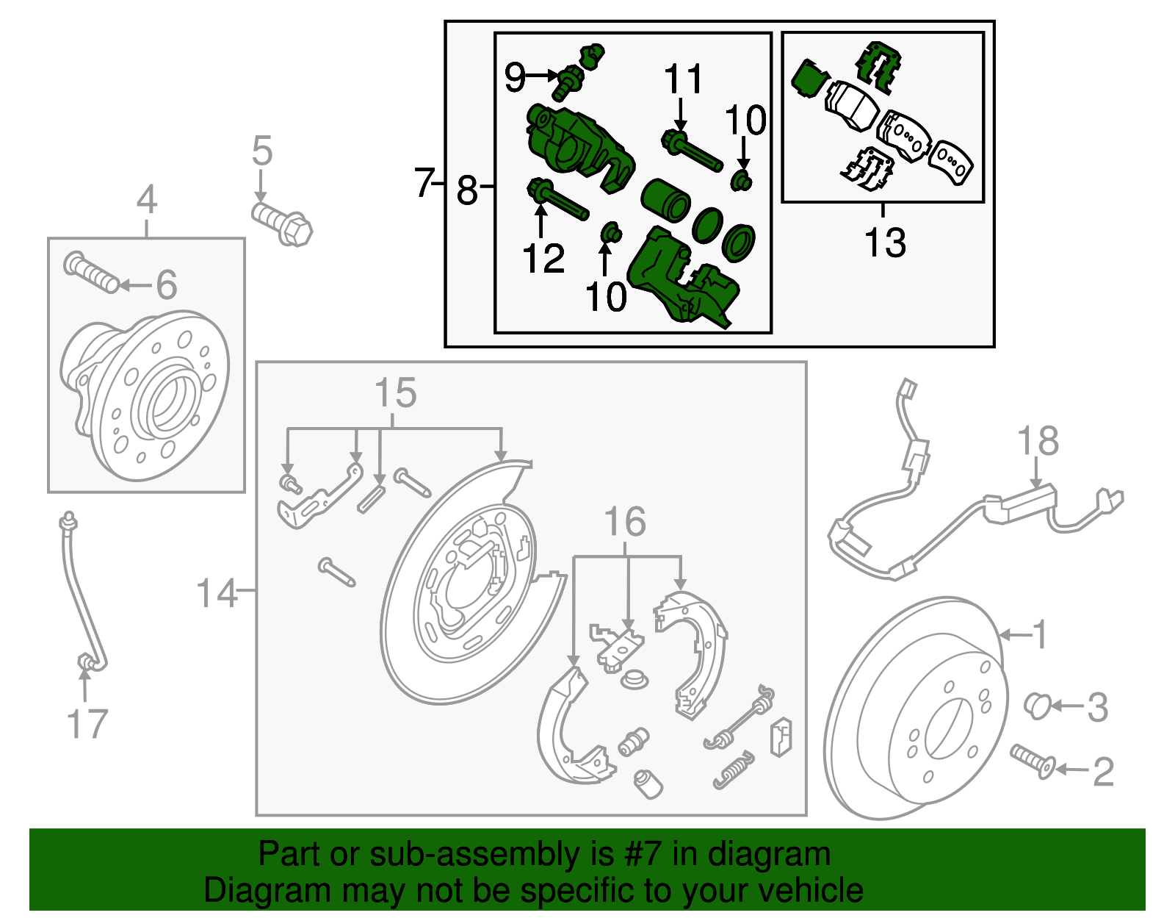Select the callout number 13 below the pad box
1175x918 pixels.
(x=885, y=243)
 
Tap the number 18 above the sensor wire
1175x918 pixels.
(x=1038, y=442)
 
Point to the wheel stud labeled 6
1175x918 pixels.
(x=91, y=272)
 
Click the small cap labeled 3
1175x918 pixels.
(x=1036, y=706)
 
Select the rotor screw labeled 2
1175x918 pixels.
(x=1032, y=761)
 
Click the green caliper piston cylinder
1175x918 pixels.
(x=665, y=200)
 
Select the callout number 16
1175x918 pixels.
(x=625, y=522)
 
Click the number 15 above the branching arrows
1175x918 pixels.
(x=395, y=393)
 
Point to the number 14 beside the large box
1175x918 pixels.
(x=217, y=593)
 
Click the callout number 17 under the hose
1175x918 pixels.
(x=87, y=725)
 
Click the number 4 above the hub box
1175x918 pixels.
(x=147, y=200)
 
